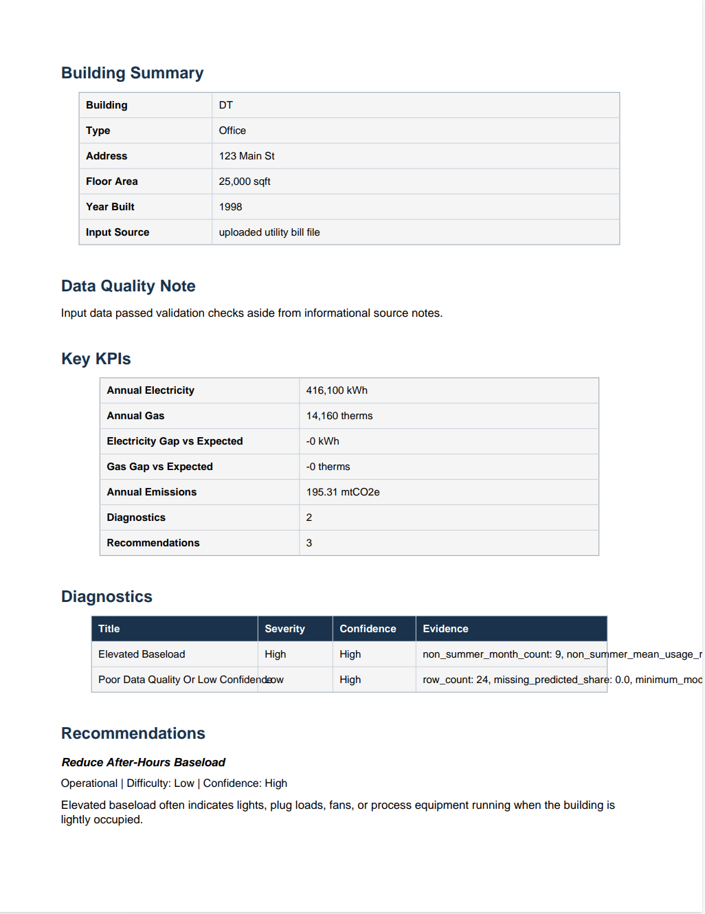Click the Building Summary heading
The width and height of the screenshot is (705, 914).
[132, 73]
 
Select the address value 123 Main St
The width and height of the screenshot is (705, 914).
[247, 156]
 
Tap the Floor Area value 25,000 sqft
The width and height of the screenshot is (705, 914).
[245, 181]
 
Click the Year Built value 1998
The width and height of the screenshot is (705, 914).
[230, 207]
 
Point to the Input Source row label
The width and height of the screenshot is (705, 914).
[117, 232]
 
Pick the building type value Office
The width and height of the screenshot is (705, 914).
[232, 131]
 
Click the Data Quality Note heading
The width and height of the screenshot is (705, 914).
[128, 286]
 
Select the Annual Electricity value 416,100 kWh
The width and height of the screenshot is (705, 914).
[337, 390]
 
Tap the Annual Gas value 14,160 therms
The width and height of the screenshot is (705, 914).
[339, 416]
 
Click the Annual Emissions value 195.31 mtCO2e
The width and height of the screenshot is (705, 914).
[343, 492]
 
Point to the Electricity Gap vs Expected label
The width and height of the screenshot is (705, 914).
[175, 441]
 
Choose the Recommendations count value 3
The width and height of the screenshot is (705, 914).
[309, 543]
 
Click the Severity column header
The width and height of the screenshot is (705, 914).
[284, 629]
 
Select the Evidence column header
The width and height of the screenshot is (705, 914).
[445, 629]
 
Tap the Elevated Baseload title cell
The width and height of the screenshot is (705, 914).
[142, 654]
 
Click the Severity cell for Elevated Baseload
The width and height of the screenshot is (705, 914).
[276, 654]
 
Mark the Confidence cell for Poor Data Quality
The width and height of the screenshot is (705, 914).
[350, 680]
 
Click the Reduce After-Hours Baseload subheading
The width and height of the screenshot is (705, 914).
[143, 762]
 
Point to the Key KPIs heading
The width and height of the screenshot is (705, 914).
[96, 359]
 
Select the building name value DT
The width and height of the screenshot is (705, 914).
[226, 105]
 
